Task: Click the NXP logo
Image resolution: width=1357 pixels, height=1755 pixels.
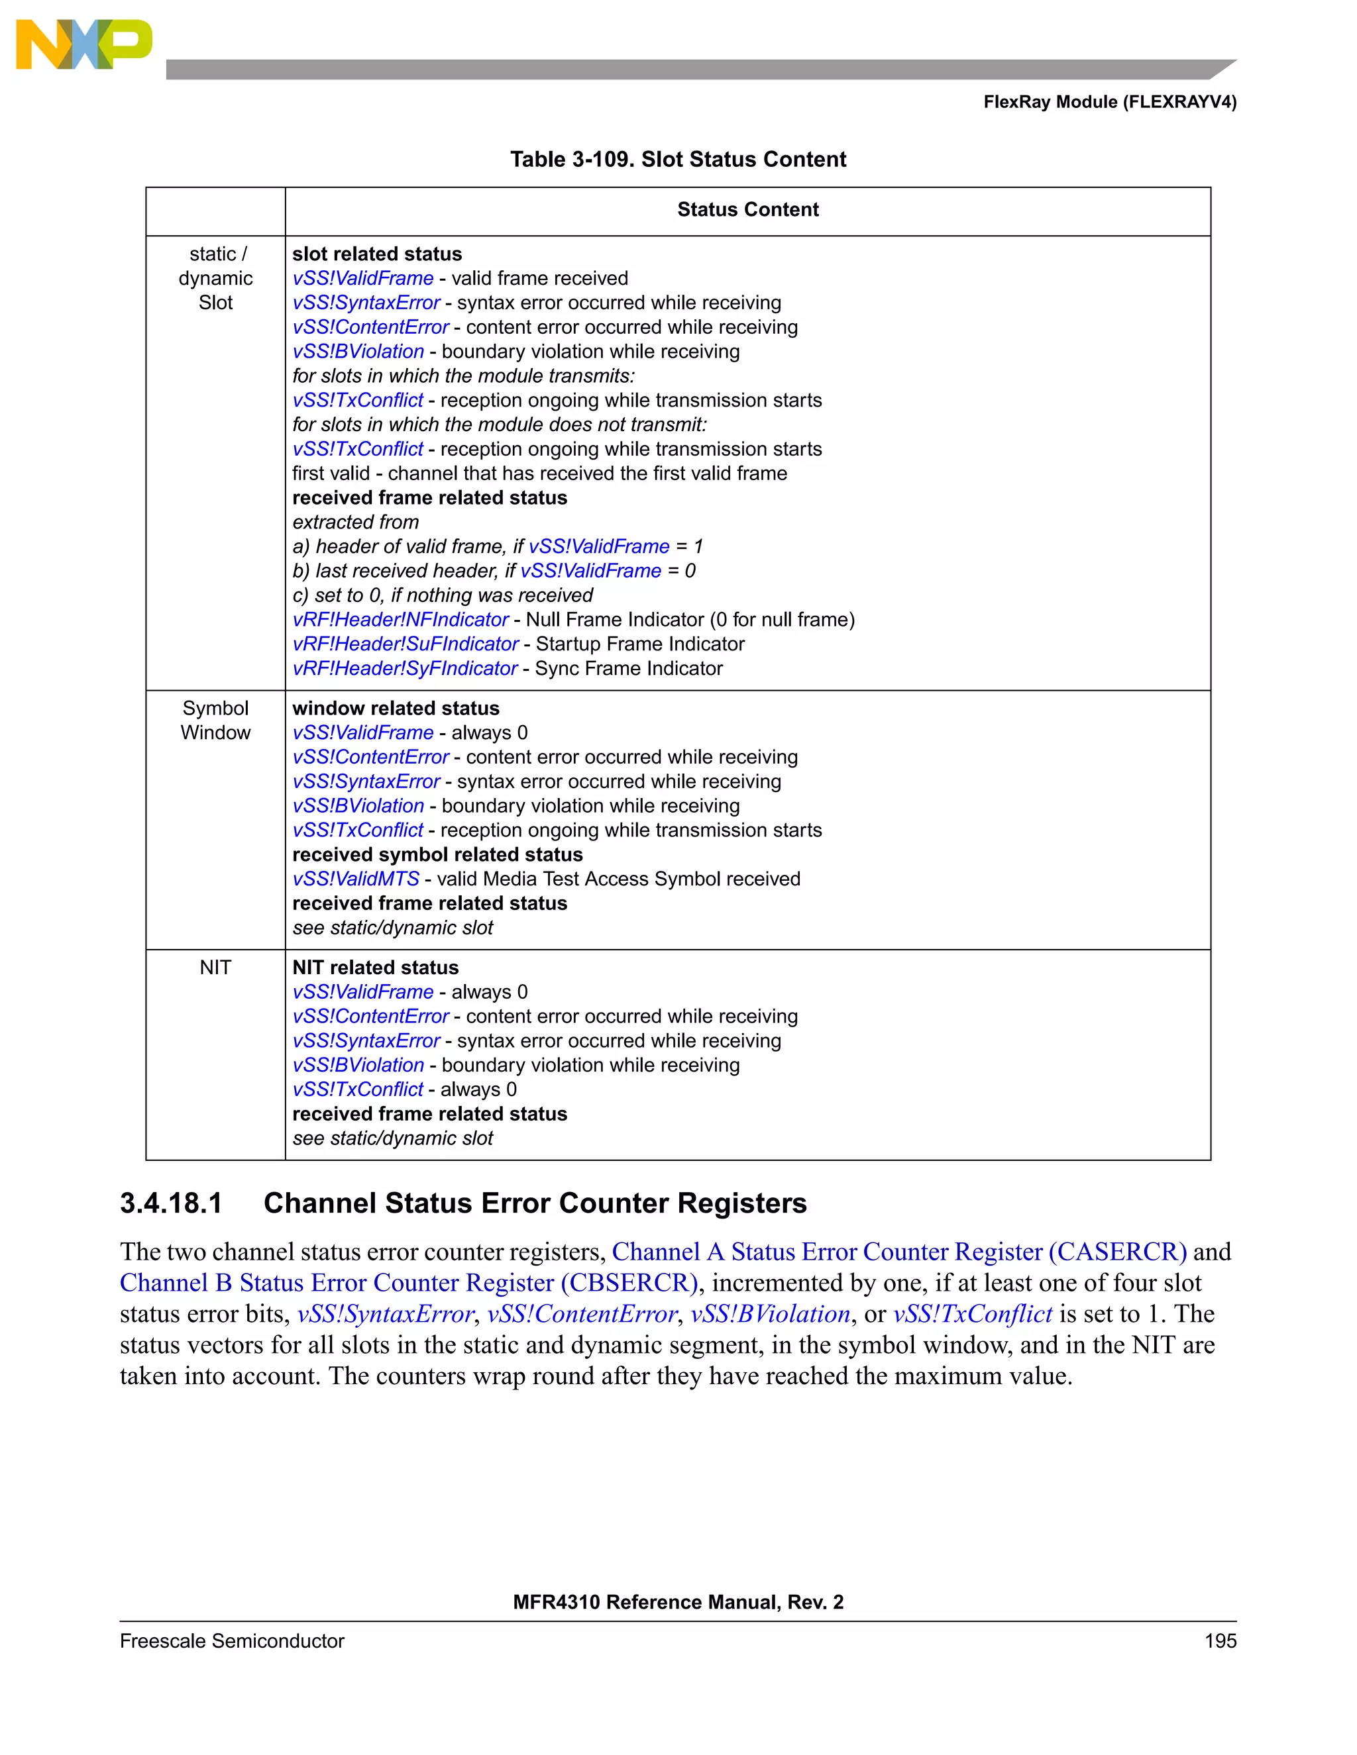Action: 83,44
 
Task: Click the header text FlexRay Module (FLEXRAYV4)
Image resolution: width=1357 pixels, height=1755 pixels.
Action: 1109,102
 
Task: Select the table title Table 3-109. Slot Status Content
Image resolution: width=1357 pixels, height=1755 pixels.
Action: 678,159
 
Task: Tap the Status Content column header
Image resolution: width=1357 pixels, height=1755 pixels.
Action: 747,210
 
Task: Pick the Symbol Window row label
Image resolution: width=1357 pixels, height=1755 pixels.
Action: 215,720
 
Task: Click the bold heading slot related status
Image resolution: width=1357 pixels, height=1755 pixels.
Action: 377,254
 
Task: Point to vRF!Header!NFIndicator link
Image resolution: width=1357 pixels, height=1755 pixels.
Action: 400,620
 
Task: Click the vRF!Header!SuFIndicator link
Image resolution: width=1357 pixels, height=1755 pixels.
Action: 405,644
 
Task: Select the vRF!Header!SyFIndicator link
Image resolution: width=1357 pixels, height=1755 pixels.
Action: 404,669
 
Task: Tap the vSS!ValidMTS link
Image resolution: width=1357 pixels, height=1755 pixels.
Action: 356,879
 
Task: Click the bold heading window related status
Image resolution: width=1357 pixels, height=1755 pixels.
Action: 396,708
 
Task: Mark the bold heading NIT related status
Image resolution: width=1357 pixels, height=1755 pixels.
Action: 376,968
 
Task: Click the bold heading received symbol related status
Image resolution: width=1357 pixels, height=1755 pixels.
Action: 437,854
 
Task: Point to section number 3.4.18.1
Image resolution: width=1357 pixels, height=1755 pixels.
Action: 170,1203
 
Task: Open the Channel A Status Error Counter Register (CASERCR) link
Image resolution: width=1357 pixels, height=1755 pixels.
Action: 898,1252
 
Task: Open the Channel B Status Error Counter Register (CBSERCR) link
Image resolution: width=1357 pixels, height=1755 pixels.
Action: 408,1283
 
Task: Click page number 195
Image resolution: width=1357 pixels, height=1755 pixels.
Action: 1220,1641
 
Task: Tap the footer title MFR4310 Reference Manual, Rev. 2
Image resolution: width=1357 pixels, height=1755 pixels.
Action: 678,1602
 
